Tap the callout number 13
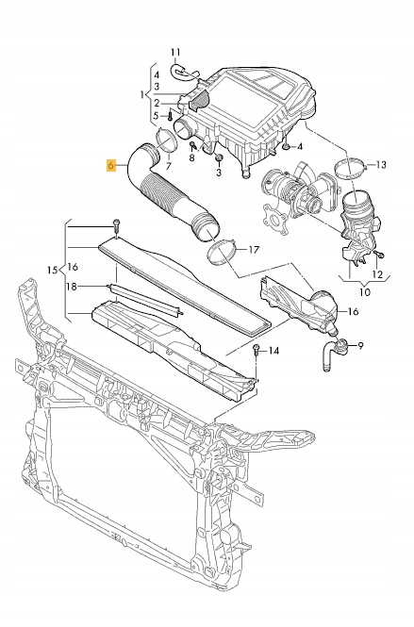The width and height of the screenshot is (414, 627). (381, 165)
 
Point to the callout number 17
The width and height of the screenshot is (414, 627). (253, 250)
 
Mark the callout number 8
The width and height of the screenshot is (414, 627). (191, 157)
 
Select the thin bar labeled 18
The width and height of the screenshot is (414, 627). (141, 294)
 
